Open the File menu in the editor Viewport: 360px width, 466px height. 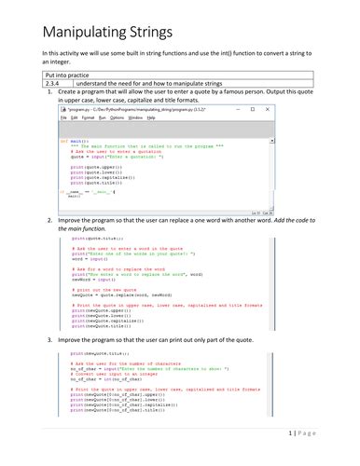point(64,118)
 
